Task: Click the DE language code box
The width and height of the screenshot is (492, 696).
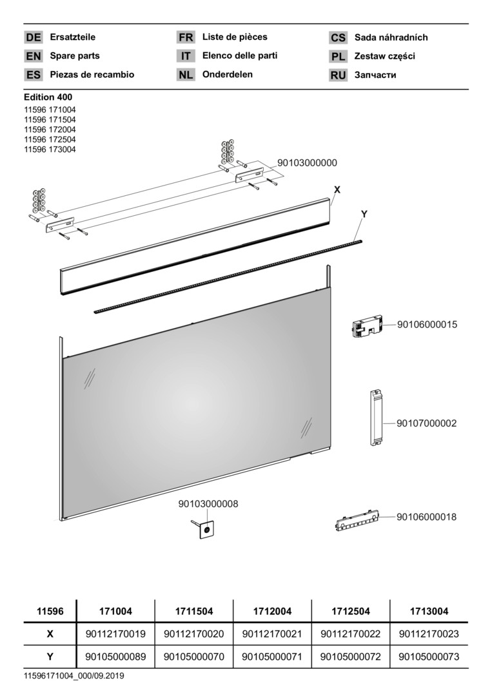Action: (34, 37)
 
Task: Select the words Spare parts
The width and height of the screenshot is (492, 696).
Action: (75, 56)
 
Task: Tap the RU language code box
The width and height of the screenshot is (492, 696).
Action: (338, 75)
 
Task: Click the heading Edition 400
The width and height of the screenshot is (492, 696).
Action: (48, 97)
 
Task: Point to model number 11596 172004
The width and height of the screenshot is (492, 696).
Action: (50, 130)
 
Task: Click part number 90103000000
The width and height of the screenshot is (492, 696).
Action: (308, 163)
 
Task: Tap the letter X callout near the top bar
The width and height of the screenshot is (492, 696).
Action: (337, 190)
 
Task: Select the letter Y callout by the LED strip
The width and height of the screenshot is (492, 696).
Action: (364, 214)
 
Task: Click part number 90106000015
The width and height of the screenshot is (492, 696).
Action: (427, 324)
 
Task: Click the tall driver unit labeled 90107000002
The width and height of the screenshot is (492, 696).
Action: (376, 417)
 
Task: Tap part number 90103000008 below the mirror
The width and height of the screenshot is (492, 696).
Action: (208, 504)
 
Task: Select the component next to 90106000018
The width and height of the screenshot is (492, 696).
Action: (357, 520)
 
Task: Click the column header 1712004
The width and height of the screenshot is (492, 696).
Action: (272, 611)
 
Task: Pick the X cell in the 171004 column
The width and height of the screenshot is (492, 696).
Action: (115, 634)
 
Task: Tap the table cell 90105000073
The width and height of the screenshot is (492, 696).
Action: (429, 657)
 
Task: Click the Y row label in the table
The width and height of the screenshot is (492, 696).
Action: (50, 657)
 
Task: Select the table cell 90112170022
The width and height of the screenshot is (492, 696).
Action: (350, 634)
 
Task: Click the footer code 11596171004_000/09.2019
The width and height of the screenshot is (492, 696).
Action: (74, 676)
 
